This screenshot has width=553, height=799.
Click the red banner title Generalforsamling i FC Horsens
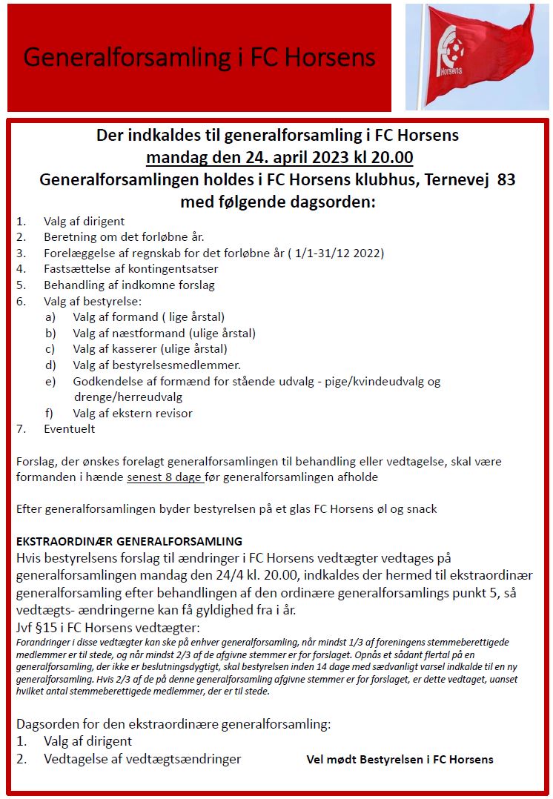(x=199, y=58)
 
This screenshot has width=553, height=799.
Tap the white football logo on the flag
(x=453, y=45)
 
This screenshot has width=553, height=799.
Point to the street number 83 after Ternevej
(x=506, y=179)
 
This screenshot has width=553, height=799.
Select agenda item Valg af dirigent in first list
(x=84, y=221)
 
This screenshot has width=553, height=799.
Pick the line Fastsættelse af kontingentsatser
(x=130, y=269)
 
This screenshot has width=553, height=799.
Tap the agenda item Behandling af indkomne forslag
(x=129, y=285)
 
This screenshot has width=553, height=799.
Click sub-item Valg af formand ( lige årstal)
(x=149, y=317)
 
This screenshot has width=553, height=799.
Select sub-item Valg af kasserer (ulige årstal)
(x=150, y=348)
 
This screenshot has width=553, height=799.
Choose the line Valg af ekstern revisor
(x=133, y=413)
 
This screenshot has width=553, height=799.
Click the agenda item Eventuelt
(x=70, y=428)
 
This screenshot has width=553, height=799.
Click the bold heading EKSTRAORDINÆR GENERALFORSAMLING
(x=129, y=541)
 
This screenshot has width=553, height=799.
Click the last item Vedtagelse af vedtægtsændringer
(x=142, y=759)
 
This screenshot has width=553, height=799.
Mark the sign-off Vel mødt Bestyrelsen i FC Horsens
(x=400, y=760)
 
